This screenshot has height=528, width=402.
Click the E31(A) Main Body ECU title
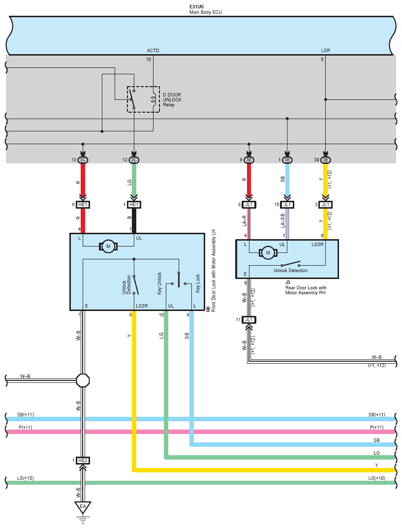(x=206, y=10)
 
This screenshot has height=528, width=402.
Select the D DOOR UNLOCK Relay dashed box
(x=143, y=99)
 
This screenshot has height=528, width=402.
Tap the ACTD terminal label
(x=153, y=51)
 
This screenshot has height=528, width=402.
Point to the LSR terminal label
(x=325, y=51)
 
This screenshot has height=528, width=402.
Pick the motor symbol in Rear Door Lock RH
(x=268, y=253)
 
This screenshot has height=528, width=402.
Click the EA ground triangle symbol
(x=83, y=506)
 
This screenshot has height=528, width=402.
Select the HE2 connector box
(x=83, y=461)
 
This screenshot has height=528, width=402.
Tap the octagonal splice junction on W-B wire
(x=83, y=380)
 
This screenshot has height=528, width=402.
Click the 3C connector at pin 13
(x=83, y=160)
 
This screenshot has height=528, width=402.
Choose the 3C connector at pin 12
(x=134, y=160)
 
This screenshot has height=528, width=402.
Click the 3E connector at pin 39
(x=325, y=160)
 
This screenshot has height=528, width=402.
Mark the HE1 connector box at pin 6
(x=83, y=205)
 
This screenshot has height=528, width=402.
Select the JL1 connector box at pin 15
(x=287, y=205)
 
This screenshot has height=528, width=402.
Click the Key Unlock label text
(x=159, y=283)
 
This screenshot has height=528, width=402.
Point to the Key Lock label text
(x=198, y=283)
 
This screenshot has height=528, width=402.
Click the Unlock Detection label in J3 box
(x=291, y=271)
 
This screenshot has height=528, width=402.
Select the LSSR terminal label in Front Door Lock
(x=142, y=306)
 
